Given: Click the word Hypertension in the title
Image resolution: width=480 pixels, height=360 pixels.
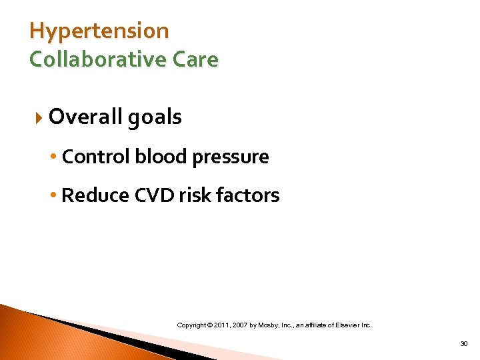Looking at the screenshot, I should point(99,31).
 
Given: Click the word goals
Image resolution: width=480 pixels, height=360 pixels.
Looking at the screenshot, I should point(155,118).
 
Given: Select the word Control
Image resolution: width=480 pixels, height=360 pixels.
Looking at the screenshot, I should point(97,157).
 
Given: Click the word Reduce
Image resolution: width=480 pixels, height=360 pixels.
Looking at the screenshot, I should point(95,195).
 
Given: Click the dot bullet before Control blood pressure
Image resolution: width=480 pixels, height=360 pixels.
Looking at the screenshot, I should point(55,157).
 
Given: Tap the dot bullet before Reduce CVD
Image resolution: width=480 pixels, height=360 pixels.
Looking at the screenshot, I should point(55,196).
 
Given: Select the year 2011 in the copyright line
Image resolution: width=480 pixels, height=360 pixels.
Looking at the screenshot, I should point(222,325).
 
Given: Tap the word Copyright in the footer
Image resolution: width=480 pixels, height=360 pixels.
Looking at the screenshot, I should point(192,325).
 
